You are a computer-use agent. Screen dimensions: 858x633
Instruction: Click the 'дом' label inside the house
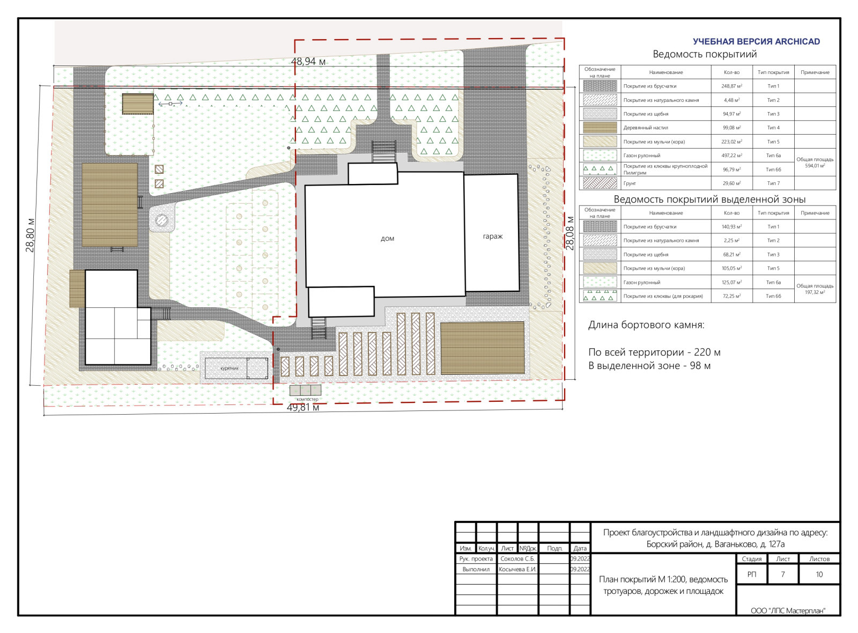coord(387,238)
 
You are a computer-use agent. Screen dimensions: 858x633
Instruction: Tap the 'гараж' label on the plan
coord(493,237)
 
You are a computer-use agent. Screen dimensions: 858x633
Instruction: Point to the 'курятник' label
coord(230,368)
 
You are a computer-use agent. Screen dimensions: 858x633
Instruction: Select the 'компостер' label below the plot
coord(307,399)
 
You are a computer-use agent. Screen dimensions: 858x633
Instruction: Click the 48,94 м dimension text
coord(308,61)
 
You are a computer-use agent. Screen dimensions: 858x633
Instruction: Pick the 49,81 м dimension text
coord(302,407)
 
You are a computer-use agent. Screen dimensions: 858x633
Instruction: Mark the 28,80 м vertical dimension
coord(30,235)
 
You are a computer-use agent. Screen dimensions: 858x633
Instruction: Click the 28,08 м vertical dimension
coord(570,233)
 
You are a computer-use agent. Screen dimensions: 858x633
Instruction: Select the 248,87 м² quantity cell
coord(731,86)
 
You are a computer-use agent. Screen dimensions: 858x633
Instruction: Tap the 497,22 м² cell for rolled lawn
coord(731,156)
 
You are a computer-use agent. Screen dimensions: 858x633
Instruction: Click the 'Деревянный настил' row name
coord(646,128)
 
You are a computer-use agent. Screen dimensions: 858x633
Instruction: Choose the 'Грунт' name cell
coord(630,183)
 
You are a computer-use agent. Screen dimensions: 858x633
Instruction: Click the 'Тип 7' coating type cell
coord(773,183)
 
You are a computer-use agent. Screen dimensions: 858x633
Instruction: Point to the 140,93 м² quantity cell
coord(731,227)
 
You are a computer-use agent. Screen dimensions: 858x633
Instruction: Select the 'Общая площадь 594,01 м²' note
coord(815,163)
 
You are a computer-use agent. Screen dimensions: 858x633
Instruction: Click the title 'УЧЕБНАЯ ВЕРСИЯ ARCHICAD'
coord(757,42)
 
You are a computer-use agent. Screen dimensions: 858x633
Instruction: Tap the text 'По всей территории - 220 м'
coord(654,352)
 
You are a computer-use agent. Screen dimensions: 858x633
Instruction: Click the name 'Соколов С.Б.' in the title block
coord(517,558)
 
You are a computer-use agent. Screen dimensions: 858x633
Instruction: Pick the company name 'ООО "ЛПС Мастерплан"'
coord(788,611)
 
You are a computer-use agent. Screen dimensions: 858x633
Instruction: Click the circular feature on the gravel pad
coord(161,220)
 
